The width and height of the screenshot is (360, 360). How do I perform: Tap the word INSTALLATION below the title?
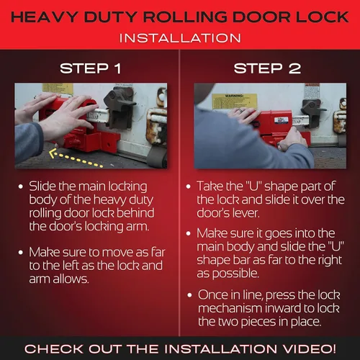click(180, 37)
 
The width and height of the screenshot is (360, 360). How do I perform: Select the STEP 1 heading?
click(91, 69)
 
